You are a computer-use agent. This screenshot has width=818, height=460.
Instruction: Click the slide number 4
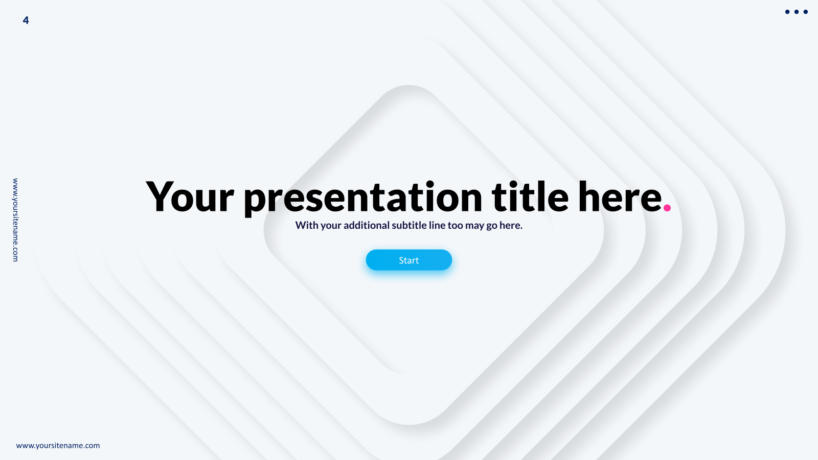point(26,20)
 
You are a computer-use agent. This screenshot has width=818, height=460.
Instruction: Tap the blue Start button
point(409,260)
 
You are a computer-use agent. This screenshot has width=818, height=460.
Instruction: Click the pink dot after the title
point(667,208)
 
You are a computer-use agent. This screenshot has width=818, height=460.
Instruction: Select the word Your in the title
point(190,196)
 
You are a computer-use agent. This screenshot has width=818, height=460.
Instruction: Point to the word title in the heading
point(530,196)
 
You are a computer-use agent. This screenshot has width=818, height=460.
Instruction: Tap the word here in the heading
point(620,196)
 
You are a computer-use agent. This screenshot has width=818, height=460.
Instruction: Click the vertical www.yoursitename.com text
point(15,220)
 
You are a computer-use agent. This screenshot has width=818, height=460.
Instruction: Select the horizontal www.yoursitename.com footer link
point(58,445)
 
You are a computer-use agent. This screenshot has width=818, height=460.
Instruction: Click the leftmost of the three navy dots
point(787,12)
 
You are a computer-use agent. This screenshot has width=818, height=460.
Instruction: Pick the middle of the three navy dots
point(797,12)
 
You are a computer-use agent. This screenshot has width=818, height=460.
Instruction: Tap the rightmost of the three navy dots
point(806,12)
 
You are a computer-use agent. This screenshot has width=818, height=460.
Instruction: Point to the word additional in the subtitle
point(366,225)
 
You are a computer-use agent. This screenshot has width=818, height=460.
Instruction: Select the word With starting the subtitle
point(307,225)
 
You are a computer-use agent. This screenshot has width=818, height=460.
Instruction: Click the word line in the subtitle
point(437,225)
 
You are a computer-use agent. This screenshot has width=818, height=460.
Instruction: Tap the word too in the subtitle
point(456,226)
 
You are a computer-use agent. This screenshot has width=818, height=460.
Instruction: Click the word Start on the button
point(408,260)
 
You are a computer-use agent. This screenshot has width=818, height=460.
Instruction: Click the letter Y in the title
point(158,196)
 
